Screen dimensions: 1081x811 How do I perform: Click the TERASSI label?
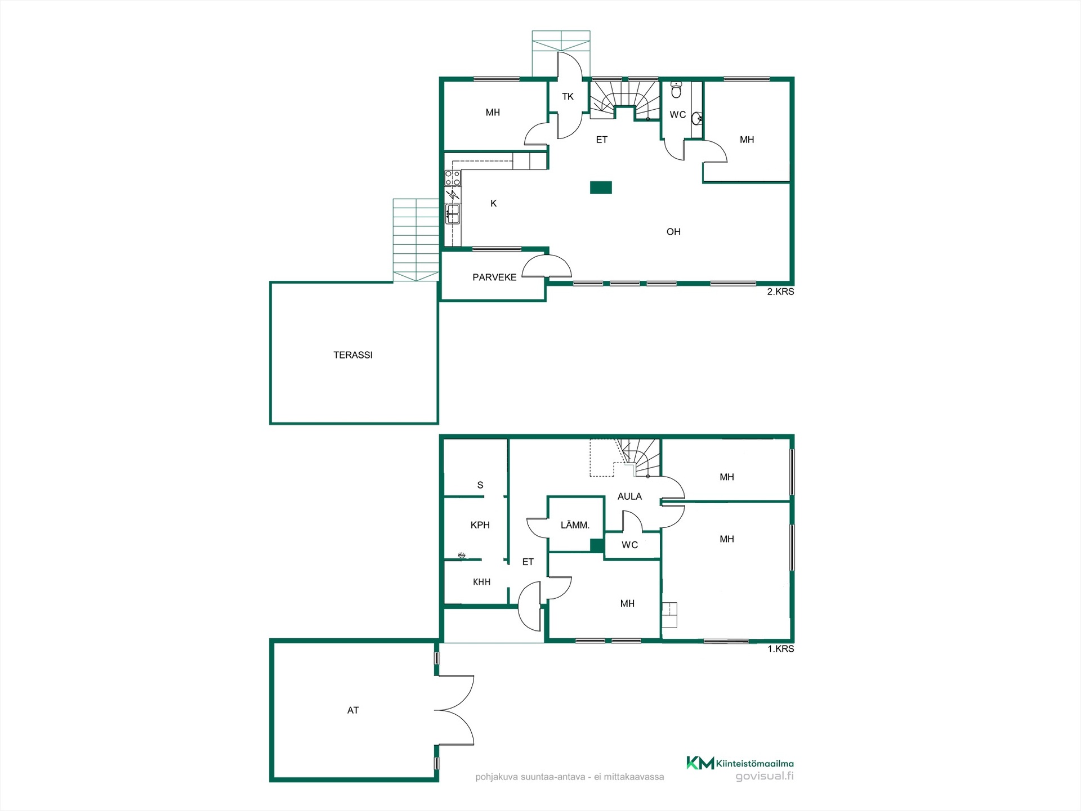point(353,355)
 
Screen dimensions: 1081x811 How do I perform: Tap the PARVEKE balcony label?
point(494,277)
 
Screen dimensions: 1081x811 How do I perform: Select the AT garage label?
point(353,710)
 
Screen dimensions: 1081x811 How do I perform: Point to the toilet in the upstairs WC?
point(676,89)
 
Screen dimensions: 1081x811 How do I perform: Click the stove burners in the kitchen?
point(453,178)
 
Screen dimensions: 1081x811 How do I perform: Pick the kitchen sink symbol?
point(453,214)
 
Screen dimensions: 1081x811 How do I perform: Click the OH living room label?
point(673,232)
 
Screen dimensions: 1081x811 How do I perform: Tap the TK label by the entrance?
point(568,97)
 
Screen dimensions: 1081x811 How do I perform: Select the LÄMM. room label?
point(575,525)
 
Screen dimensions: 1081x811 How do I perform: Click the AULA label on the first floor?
point(629,496)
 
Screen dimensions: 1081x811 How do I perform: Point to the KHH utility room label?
point(481,582)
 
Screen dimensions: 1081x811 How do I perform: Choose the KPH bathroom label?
point(480,525)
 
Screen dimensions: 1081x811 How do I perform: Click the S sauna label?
point(480,485)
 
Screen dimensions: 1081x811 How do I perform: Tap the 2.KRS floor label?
point(780,292)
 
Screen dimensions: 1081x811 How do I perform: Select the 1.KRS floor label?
point(781,649)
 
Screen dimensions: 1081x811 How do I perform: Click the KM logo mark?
point(700,763)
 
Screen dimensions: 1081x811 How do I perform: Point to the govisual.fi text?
point(765,777)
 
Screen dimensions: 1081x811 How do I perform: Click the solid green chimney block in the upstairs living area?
point(601,187)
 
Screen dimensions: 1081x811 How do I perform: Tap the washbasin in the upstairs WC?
point(697,118)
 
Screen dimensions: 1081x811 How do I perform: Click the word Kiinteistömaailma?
point(755,764)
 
